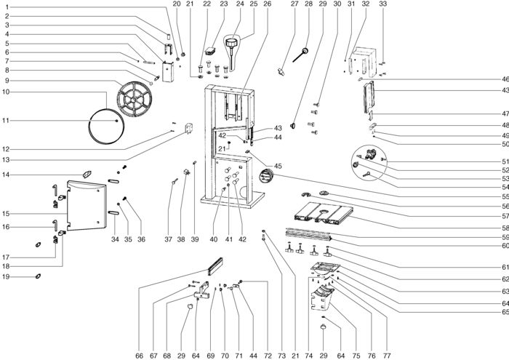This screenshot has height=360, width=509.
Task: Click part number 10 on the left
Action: (x=6, y=92)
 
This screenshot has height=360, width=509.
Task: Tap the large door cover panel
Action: (x=87, y=206)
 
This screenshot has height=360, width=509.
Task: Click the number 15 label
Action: (x=6, y=214)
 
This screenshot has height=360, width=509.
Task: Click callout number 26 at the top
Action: (x=267, y=4)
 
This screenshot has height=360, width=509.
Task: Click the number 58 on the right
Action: (x=505, y=228)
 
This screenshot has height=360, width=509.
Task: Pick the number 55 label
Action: (x=505, y=197)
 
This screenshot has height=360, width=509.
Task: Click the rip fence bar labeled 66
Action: (x=215, y=266)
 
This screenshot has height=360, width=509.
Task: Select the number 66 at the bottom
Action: (x=139, y=356)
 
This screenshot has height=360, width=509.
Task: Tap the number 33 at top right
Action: (x=383, y=4)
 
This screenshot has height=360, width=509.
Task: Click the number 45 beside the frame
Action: (x=278, y=166)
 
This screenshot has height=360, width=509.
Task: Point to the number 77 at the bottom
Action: (x=387, y=356)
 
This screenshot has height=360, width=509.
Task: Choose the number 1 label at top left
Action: (x=7, y=7)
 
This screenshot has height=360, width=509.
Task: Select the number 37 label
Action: (x=168, y=239)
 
